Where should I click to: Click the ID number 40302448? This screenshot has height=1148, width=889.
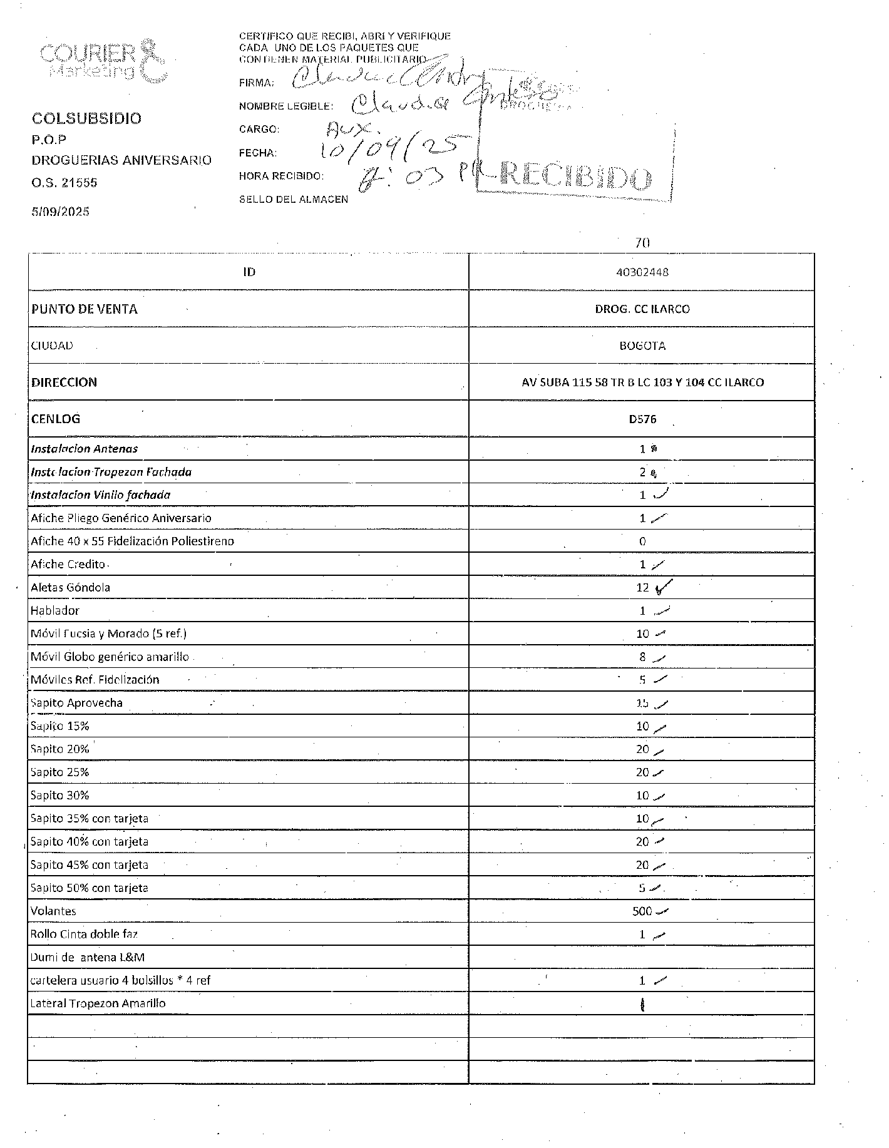pyautogui.click(x=642, y=272)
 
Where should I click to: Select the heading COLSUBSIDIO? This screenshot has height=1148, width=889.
pyautogui.click(x=86, y=118)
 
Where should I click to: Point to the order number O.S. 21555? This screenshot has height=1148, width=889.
pyautogui.click(x=64, y=183)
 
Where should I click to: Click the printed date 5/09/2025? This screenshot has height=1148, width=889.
pyautogui.click(x=60, y=212)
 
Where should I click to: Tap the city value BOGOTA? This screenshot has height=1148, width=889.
pyautogui.click(x=642, y=346)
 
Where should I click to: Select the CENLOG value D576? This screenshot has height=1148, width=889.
pyautogui.click(x=642, y=419)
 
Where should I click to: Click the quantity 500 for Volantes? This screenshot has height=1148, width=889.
pyautogui.click(x=642, y=911)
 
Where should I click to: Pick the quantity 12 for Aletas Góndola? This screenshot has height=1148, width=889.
pyautogui.click(x=642, y=587)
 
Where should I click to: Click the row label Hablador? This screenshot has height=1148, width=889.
pyautogui.click(x=55, y=610)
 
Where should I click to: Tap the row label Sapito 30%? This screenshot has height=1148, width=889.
pyautogui.click(x=59, y=796)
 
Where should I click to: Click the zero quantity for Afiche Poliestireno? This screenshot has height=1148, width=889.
pyautogui.click(x=642, y=541)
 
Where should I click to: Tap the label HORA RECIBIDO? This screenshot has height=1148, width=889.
pyautogui.click(x=281, y=176)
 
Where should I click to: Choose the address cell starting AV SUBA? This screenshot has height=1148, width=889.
pyautogui.click(x=642, y=382)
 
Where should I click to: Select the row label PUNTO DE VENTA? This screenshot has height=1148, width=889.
pyautogui.click(x=84, y=309)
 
